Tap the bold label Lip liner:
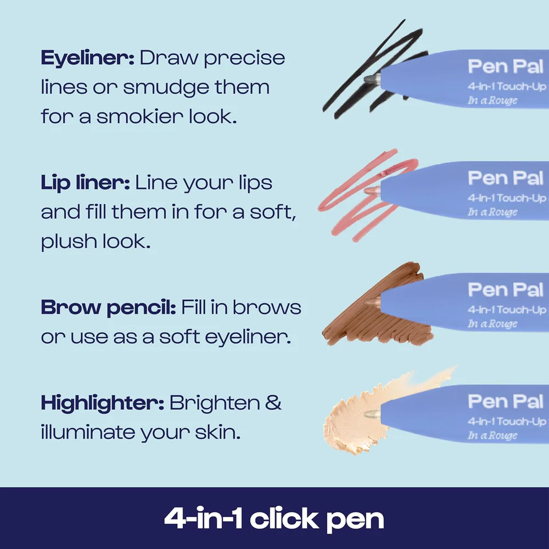click(x=85, y=183)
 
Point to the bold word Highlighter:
click(x=102, y=404)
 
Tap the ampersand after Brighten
click(x=273, y=404)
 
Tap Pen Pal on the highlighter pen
click(x=505, y=401)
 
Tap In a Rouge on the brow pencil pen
click(x=493, y=324)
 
